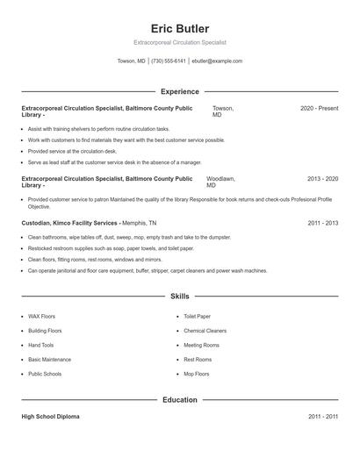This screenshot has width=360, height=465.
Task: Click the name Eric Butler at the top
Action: [x=180, y=29]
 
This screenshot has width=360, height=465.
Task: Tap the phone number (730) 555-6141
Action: [x=169, y=61]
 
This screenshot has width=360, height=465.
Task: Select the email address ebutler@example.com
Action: [x=216, y=61]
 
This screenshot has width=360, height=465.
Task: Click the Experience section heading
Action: [x=180, y=91]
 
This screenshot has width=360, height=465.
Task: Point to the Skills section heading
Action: [x=180, y=297]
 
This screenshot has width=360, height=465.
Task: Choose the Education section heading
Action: [x=180, y=400]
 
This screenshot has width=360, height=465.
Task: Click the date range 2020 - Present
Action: [x=319, y=108]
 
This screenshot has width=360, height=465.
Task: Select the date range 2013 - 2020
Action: [x=322, y=178]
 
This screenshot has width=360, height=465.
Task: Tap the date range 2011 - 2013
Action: [x=322, y=223]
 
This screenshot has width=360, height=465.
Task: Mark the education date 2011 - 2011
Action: [x=322, y=417]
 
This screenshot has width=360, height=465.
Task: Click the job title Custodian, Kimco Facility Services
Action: [x=69, y=223]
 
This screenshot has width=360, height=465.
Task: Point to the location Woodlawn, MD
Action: [x=220, y=182]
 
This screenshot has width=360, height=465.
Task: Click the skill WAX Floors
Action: [x=41, y=316]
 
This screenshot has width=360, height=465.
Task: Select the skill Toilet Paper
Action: [x=197, y=316]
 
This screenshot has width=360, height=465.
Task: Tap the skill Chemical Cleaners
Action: [x=205, y=331]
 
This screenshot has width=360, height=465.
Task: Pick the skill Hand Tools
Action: [x=40, y=345]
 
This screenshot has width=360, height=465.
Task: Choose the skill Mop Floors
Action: [x=196, y=374]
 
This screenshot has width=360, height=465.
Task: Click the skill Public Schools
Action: [x=45, y=374]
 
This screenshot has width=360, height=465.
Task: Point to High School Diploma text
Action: [x=50, y=417]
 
